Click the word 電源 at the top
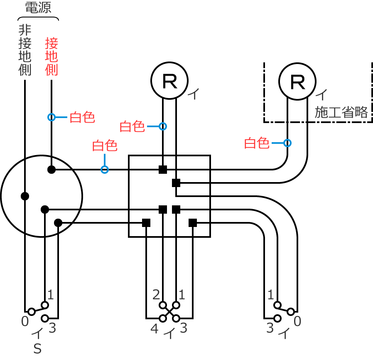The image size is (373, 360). [38, 8]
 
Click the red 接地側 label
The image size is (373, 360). [52, 57]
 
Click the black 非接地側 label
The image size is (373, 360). [25, 50]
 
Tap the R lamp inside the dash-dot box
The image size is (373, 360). [297, 81]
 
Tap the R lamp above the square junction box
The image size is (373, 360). [169, 81]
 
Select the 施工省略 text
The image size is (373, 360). [341, 112]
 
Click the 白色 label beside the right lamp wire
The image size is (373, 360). [256, 143]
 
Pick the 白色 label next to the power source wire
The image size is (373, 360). [82, 118]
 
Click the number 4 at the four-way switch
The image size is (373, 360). [154, 329]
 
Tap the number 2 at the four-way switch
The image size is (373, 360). [156, 295]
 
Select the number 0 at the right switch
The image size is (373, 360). [297, 321]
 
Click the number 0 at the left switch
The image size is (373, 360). [25, 321]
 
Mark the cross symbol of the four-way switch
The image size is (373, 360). [169, 312]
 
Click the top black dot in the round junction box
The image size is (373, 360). [52, 169]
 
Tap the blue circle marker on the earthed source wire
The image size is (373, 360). [52, 117]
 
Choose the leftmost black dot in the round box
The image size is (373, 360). [25, 196]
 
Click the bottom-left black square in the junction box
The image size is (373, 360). [146, 223]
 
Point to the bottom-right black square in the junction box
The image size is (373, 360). [193, 223]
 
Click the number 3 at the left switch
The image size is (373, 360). [52, 328]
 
